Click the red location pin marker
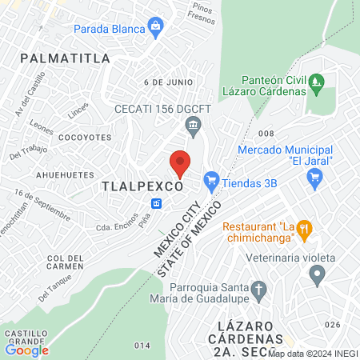(180, 162)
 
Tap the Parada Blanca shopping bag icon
(154, 29)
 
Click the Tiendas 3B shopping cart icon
(211, 179)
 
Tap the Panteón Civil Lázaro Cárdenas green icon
(317, 81)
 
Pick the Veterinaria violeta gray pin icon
(318, 275)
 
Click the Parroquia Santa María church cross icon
(258, 288)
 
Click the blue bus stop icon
(156, 204)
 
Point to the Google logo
(27, 350)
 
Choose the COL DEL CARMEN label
(66, 262)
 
